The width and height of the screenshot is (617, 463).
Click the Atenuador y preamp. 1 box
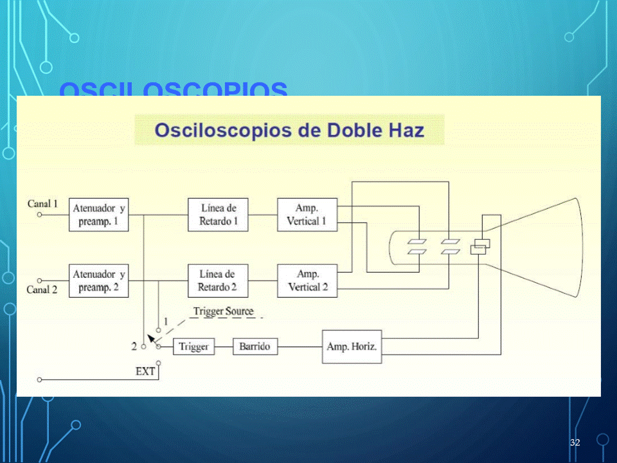[98, 215]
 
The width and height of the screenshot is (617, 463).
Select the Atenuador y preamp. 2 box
[98, 281]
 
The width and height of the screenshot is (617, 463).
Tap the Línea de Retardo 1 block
[218, 215]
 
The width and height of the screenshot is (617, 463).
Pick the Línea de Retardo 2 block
[218, 281]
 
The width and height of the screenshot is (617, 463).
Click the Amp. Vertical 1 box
[307, 215]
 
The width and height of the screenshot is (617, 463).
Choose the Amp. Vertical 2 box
[307, 281]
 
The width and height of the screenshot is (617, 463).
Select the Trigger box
[194, 347]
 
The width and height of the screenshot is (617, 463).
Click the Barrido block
[255, 347]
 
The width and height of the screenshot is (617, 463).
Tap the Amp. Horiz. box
[352, 347]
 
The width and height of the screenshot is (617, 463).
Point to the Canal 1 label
[42, 204]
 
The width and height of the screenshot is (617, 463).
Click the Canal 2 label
[42, 289]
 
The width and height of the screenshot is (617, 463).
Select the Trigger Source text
[223, 311]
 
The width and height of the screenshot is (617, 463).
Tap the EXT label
[145, 371]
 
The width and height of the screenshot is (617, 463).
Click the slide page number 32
[575, 442]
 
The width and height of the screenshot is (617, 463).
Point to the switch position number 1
[166, 321]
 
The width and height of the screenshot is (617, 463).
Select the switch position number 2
[134, 346]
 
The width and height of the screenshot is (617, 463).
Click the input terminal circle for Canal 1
[39, 215]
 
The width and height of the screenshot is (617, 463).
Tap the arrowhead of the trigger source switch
[150, 338]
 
